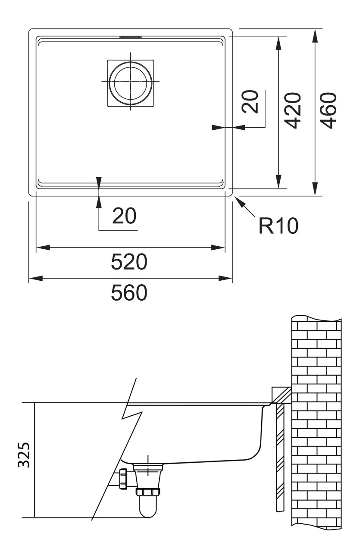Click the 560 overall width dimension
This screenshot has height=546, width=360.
129,293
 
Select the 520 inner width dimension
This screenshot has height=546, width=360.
129,262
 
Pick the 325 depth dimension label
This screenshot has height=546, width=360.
24,455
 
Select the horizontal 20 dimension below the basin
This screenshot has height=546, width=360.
124,216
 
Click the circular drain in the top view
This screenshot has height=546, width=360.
130,82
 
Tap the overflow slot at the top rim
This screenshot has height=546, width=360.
131,38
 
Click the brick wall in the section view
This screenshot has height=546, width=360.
316,423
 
